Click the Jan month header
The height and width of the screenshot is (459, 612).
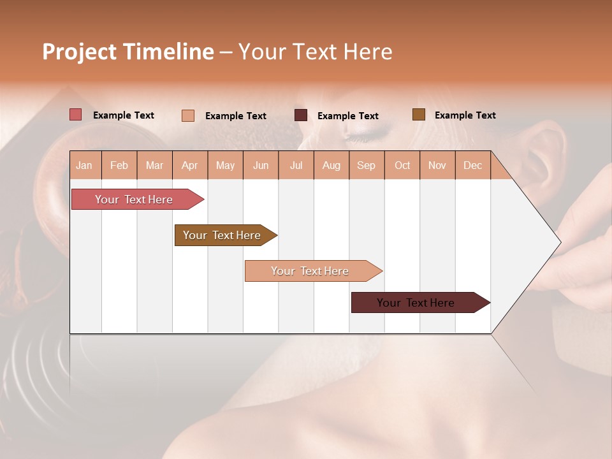(85, 165)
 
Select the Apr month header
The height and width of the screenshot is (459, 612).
(190, 165)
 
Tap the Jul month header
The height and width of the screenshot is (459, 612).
(296, 165)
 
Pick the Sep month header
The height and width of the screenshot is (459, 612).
(367, 165)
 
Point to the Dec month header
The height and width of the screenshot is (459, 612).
(472, 165)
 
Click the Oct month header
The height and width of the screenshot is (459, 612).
(402, 165)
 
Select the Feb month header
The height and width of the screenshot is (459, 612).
(119, 165)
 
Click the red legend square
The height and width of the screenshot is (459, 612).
(76, 115)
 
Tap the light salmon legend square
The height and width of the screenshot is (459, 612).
(188, 115)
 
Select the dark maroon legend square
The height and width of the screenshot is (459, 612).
(301, 115)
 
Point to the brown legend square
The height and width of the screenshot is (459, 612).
(419, 115)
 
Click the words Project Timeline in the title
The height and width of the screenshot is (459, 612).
(127, 52)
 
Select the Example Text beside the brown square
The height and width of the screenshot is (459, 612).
(465, 115)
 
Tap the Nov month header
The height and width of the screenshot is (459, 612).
(437, 165)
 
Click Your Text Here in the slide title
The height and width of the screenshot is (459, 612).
(315, 52)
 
